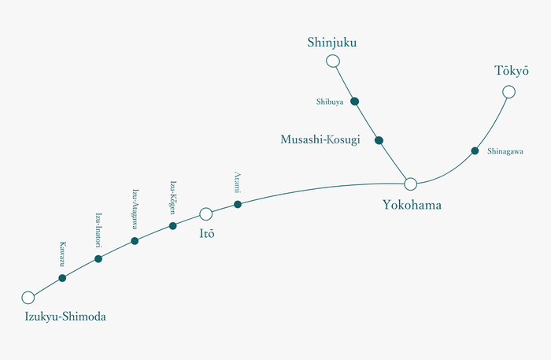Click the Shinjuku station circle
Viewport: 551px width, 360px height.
pos(333,61)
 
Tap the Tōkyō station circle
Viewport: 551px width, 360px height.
pos(508,92)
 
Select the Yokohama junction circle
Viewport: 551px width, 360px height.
pos(410,184)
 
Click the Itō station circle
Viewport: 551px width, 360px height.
pos(205,213)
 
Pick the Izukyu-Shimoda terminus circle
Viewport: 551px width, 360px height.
pos(28,298)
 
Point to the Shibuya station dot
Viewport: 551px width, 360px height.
pos(355,101)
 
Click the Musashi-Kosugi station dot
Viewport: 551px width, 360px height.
pos(379,140)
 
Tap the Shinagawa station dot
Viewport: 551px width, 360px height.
pos(475,150)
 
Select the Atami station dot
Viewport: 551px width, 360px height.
pos(238,204)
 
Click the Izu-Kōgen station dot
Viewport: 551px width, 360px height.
pos(173,226)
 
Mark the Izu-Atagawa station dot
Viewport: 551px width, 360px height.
pos(135,241)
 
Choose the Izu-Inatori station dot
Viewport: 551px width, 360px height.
pos(98,258)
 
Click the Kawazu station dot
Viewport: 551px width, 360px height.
pos(62,278)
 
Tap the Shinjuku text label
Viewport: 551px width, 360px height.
pos(332,43)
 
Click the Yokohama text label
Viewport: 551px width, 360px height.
pos(412,206)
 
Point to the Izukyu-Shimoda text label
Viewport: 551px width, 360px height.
pos(65,317)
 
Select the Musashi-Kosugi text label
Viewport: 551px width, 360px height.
pos(320,139)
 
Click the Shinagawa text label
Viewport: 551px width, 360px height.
pos(505,151)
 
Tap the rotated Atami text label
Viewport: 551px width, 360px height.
pos(237,182)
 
